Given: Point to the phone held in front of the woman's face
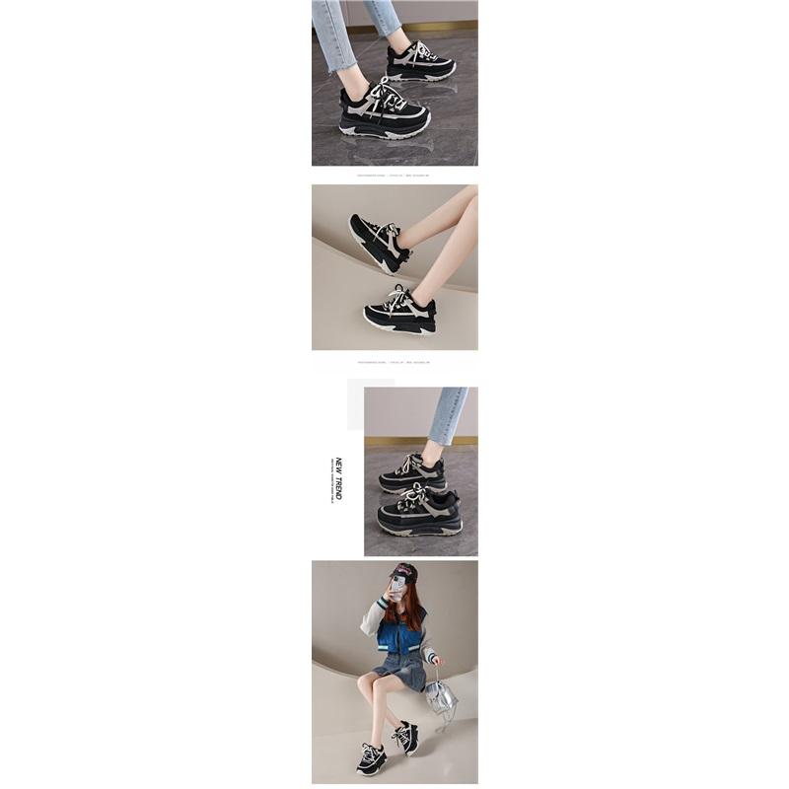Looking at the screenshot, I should coord(397,589).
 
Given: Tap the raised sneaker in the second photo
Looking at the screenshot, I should coord(378,242).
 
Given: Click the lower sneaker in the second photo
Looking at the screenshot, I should coord(400,312).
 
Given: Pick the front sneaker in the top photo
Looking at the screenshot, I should coord(385,113).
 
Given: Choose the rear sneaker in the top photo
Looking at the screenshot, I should coord(421,61).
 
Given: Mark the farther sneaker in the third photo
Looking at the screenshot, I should coord(412,473).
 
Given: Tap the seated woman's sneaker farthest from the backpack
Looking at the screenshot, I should coord(371,759).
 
